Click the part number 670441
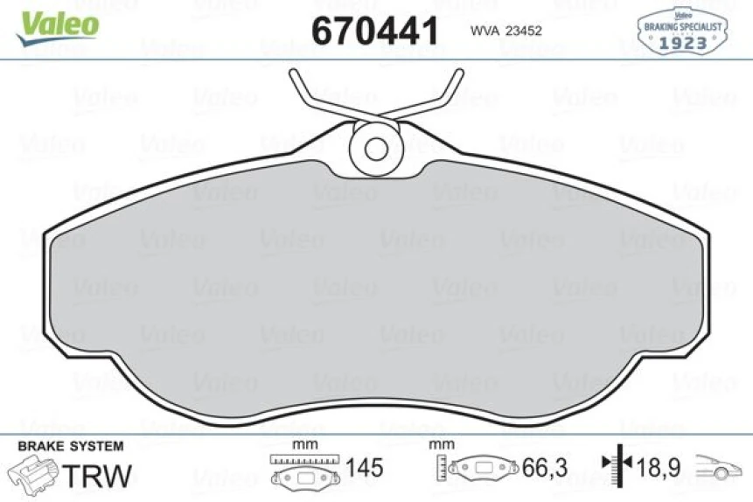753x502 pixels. (374, 31)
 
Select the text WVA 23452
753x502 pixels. (507, 31)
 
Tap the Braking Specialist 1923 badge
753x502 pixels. (683, 30)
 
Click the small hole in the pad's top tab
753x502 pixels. (376, 148)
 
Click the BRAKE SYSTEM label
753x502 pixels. (70, 446)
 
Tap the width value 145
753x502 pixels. (364, 468)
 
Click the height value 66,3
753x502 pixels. (545, 468)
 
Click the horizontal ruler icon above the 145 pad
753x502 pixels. (303, 459)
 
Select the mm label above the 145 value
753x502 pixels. (303, 444)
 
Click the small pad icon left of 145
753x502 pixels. (303, 478)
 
